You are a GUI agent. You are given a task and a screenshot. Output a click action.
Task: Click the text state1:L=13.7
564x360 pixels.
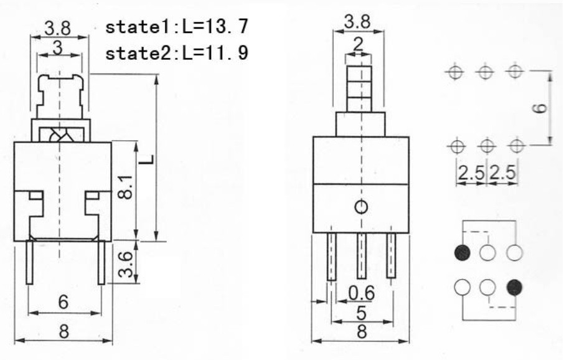[x=178, y=27]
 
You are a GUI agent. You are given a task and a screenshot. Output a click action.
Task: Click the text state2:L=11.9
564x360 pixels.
[x=178, y=54]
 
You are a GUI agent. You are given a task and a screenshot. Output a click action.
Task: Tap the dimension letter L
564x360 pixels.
[x=146, y=160]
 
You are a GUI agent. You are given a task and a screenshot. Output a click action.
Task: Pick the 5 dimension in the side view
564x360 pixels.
[x=360, y=312]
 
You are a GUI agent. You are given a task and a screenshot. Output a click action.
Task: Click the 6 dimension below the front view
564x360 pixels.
[x=63, y=302]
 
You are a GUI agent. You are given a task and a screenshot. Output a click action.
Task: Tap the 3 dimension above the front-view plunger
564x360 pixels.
[x=57, y=47]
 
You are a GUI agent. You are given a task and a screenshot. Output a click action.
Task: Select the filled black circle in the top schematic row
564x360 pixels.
[x=462, y=253]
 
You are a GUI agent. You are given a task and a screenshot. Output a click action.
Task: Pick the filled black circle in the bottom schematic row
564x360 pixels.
[x=514, y=287]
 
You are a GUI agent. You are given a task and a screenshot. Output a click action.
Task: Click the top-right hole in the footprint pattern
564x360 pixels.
[x=514, y=72]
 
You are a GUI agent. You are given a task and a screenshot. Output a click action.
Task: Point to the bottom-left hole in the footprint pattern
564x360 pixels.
[x=456, y=146]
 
